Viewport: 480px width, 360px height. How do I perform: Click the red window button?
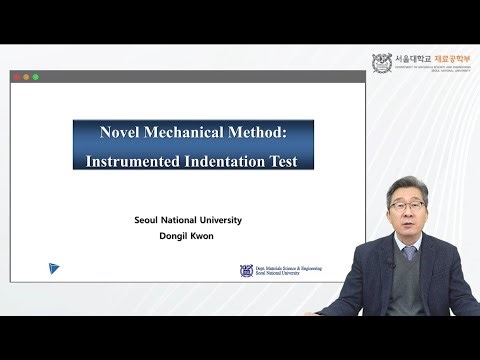(17, 77)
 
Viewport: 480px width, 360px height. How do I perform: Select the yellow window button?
(26, 77)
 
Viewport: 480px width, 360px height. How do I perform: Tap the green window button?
(36, 77)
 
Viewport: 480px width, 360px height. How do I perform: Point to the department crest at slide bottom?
(246, 270)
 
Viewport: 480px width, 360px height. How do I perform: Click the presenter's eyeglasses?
(405, 209)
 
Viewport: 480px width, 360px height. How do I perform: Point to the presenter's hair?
(404, 184)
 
